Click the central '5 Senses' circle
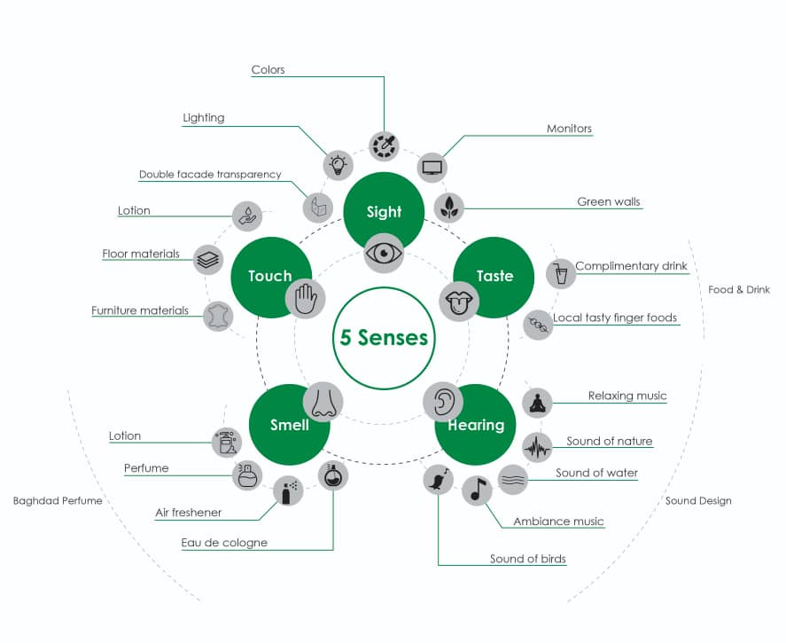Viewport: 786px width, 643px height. click(x=384, y=338)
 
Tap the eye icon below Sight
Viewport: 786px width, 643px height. click(x=384, y=253)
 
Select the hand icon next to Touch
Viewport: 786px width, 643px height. click(x=306, y=298)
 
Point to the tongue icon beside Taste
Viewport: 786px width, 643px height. click(x=459, y=301)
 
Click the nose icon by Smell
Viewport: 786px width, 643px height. click(x=323, y=402)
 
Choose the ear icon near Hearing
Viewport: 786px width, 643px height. click(x=443, y=402)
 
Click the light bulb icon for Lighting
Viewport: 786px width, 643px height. click(x=339, y=165)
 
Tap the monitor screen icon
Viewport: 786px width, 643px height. click(x=432, y=168)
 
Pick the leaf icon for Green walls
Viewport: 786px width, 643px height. click(x=448, y=208)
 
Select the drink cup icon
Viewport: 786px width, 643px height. click(x=561, y=273)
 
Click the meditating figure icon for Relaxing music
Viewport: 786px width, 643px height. click(x=537, y=403)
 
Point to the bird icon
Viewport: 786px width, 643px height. click(x=438, y=480)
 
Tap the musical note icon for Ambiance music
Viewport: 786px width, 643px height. click(x=477, y=490)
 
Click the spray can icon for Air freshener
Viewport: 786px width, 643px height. click(x=288, y=490)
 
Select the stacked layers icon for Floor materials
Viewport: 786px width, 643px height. click(x=208, y=260)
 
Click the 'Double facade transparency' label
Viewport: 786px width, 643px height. click(x=210, y=175)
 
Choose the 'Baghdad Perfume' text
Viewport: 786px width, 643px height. click(x=58, y=500)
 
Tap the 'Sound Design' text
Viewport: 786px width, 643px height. click(x=698, y=500)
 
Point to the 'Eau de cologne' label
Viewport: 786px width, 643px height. click(x=224, y=543)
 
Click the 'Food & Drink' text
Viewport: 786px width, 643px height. click(x=739, y=289)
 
